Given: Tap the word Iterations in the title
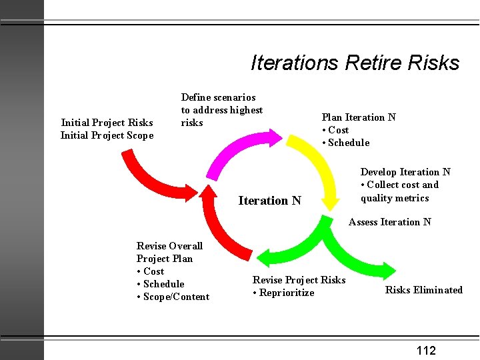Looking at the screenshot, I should pos(295,63).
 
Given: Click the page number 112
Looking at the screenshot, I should pos(426,351).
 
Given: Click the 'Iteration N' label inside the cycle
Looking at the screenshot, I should pos(269,201).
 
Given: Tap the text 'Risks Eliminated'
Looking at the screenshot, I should pos(423,290).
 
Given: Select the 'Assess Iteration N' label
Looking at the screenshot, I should pos(389,222).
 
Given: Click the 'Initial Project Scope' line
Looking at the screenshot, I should pos(107,135).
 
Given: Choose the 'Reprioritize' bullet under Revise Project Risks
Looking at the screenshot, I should pos(286,293).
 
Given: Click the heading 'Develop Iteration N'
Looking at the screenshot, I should pos(405,172).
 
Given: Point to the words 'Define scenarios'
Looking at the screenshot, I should pos(218,97).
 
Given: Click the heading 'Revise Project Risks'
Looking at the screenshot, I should pos(299,280).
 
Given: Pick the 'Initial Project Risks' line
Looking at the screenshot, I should pos(107,123).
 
